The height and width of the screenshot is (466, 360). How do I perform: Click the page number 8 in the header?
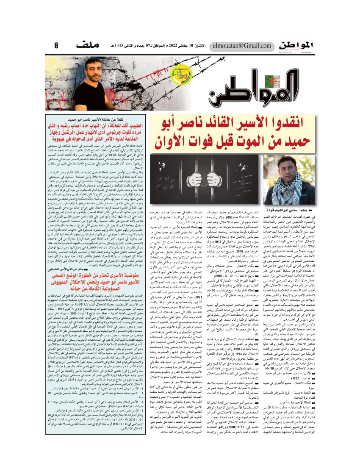coord(56,45)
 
